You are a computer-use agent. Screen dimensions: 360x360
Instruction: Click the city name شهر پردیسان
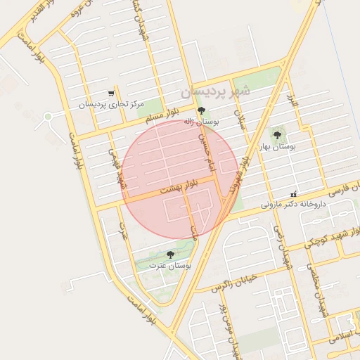coord(214,91)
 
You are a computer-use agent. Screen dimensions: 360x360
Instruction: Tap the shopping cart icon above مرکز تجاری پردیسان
coord(110,94)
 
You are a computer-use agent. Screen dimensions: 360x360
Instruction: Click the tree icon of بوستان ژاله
coord(202,110)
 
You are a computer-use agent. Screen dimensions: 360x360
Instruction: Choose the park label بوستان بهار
coord(276,146)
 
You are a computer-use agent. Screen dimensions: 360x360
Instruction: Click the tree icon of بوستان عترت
coord(170,255)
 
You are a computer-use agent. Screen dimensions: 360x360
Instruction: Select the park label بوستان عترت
coord(170,266)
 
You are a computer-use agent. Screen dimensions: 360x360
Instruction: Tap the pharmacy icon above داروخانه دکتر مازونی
coord(293,194)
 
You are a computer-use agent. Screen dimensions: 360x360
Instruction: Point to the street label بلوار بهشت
coord(179,187)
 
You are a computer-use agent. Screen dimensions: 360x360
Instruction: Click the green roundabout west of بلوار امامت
coord(48,116)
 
